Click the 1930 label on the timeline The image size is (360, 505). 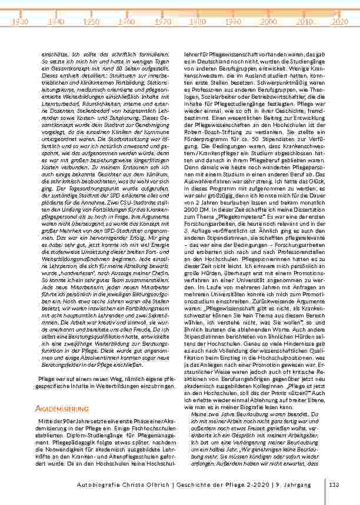(x=20, y=21)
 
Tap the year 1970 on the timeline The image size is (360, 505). (x=162, y=21)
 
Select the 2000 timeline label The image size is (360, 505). (x=269, y=21)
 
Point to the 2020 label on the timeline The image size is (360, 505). (x=339, y=21)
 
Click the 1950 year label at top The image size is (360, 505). (x=91, y=21)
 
